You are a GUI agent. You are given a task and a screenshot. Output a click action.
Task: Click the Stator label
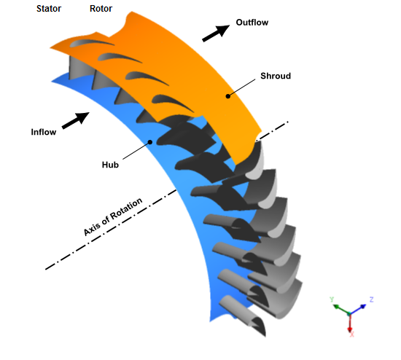(x=49, y=9)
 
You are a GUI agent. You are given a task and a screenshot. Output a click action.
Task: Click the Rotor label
(x=101, y=9)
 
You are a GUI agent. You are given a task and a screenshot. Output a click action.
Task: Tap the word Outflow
(x=252, y=23)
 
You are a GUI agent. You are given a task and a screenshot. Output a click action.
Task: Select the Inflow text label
(x=44, y=132)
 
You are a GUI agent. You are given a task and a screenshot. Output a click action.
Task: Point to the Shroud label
(x=276, y=76)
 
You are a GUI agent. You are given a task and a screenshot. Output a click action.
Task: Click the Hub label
(x=110, y=165)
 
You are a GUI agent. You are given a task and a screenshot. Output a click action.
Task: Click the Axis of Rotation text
(x=113, y=216)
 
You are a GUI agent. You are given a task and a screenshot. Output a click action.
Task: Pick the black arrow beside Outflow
(x=216, y=33)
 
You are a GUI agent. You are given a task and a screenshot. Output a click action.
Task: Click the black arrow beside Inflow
(x=76, y=120)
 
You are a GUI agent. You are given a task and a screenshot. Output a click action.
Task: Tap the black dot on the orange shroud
(x=228, y=96)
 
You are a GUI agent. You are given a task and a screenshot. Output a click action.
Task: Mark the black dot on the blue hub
(x=150, y=142)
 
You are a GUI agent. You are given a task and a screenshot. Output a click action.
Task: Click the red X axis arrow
(x=350, y=322)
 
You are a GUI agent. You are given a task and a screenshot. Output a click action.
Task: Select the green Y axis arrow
(x=341, y=309)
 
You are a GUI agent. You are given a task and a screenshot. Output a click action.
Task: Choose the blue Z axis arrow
(x=358, y=309)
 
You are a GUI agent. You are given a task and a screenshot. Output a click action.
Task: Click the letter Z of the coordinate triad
(x=371, y=300)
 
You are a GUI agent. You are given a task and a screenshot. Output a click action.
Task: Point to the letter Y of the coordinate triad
(x=332, y=300)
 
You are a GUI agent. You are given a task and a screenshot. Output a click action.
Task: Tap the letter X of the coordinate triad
(x=352, y=334)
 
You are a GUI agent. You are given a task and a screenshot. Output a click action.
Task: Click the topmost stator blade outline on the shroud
(x=92, y=42)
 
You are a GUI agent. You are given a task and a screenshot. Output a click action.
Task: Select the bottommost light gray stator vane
(x=242, y=315)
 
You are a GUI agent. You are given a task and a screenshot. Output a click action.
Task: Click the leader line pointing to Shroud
(x=241, y=87)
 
